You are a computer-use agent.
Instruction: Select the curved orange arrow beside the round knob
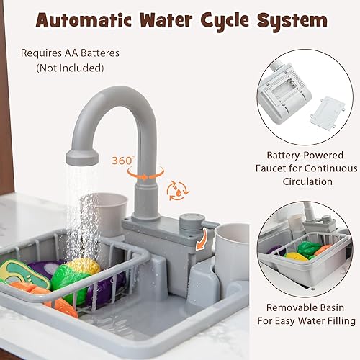point(208,238)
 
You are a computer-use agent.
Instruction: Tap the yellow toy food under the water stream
point(84,268)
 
